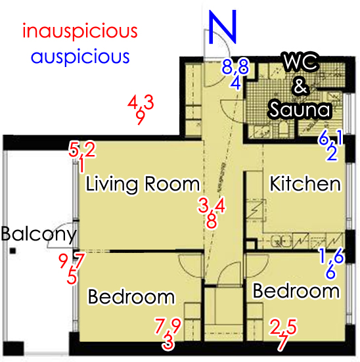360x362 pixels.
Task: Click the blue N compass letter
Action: [223, 26]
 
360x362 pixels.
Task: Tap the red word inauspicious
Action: [80, 31]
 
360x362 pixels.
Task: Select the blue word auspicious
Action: [80, 57]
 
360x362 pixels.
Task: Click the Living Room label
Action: [143, 185]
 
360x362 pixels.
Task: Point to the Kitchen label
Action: [305, 184]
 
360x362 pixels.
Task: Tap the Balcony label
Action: [39, 235]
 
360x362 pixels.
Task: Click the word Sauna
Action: [300, 109]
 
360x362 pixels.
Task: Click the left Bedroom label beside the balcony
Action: [131, 297]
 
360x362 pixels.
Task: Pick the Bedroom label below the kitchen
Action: [296, 291]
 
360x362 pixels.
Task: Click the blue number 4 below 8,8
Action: [236, 83]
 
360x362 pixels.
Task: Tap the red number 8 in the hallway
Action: [212, 221]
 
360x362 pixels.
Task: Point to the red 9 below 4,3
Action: [141, 118]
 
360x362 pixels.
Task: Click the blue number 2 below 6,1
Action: [332, 154]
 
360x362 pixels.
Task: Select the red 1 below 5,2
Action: [81, 165]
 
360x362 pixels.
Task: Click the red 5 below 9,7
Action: [72, 277]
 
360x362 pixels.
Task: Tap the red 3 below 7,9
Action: [168, 342]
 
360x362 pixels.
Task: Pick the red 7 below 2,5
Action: [283, 342]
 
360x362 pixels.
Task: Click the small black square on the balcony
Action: [12, 251]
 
